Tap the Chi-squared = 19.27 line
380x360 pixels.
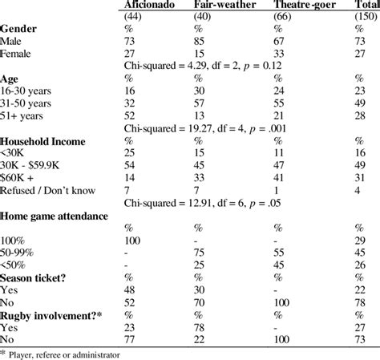[216, 129]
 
